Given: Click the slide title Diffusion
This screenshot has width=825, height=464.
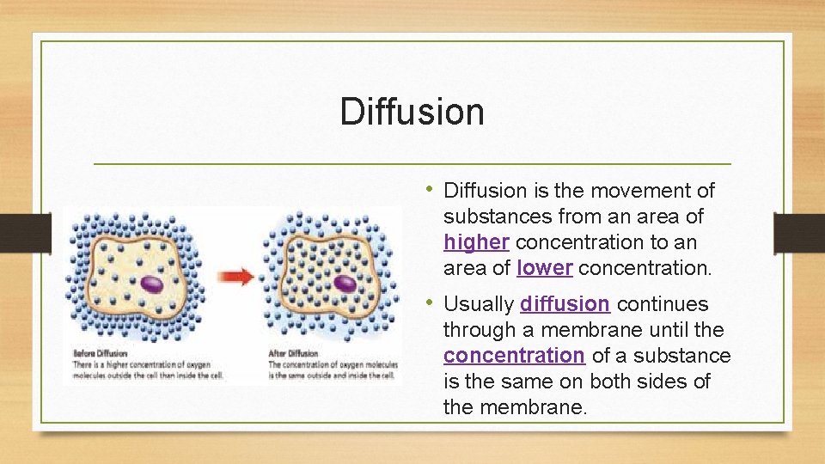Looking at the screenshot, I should [x=412, y=112].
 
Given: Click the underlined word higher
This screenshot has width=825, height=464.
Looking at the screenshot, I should [x=476, y=242].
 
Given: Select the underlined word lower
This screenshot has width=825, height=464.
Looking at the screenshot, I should [x=545, y=268].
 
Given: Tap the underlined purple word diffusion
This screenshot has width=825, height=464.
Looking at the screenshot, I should [x=565, y=304].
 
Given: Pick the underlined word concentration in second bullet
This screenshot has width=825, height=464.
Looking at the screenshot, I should [x=514, y=356].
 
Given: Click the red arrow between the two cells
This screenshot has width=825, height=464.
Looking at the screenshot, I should [x=235, y=276].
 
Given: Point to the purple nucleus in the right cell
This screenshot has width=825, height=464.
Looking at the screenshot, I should [x=345, y=283].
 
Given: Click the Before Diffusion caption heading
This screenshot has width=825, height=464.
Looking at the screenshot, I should [x=101, y=353].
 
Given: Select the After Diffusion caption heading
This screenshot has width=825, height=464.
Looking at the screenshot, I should [x=294, y=353].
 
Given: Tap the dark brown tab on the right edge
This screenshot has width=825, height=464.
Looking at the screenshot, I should [x=798, y=232].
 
